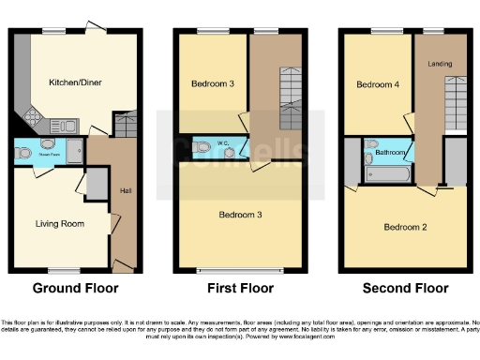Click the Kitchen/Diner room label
click(75, 82)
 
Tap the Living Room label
click(60, 224)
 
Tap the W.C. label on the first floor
click(224, 143)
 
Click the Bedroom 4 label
click(376, 85)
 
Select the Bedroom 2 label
click(405, 227)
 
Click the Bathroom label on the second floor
click(390, 151)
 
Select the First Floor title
click(240, 289)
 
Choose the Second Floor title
click(405, 289)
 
